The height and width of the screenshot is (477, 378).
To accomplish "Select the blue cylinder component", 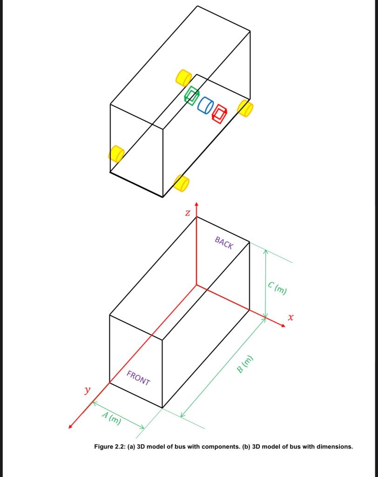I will click(205, 105).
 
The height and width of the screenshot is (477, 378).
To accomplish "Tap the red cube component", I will click(219, 113).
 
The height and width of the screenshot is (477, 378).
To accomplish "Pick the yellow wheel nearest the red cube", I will click(245, 108).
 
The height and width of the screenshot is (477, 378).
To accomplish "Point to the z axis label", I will click(187, 213).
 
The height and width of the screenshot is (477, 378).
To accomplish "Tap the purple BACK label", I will click(224, 243).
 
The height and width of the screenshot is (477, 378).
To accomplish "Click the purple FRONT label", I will click(138, 379).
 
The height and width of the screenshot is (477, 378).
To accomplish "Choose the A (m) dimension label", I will click(112, 419).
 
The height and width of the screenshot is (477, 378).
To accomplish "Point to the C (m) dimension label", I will click(277, 288).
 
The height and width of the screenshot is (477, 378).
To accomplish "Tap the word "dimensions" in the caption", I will click(334, 447).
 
